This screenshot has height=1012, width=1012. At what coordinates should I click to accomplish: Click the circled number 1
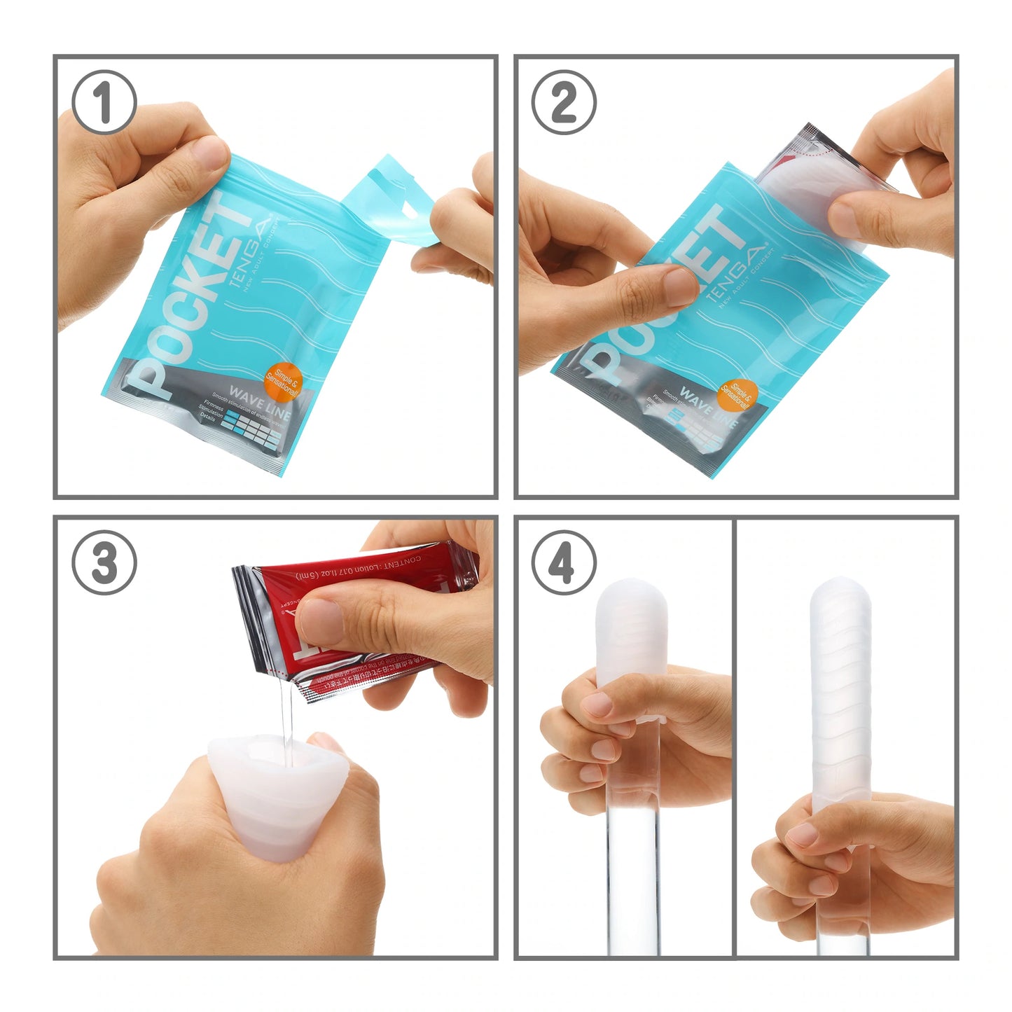click(104, 102)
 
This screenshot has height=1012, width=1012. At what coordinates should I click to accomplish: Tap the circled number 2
click(564, 102)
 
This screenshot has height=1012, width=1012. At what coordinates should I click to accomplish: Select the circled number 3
click(104, 563)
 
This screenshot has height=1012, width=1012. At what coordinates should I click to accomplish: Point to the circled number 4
click(564, 563)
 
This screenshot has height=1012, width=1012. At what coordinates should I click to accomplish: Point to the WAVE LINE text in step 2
click(709, 408)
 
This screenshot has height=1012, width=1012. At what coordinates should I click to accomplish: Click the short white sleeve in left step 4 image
click(630, 630)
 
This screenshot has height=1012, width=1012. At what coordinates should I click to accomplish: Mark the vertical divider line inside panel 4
click(733, 735)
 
